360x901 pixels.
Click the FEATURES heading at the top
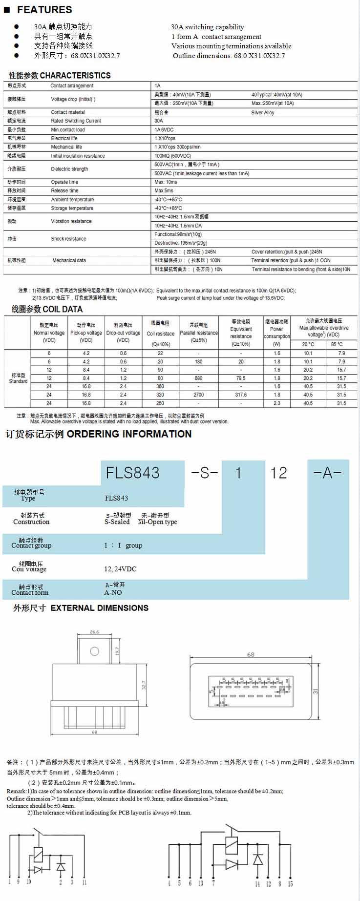(44, 10)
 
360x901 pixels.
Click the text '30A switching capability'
(207, 27)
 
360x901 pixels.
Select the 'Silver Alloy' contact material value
(263, 112)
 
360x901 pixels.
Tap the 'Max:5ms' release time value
(164, 190)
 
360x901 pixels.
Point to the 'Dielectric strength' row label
(69, 169)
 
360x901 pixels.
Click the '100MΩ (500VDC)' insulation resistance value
(173, 156)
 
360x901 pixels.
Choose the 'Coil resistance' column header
(160, 334)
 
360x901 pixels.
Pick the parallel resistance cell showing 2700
(198, 395)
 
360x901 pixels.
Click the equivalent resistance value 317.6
(241, 395)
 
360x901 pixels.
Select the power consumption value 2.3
(277, 403)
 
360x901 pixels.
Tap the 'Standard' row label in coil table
(18, 381)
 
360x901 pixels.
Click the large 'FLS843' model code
(132, 473)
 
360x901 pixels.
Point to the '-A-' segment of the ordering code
(327, 473)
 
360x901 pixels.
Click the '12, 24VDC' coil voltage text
(120, 569)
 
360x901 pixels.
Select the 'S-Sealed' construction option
(117, 522)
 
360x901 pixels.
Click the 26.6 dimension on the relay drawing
(94, 632)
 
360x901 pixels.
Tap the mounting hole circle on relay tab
(95, 651)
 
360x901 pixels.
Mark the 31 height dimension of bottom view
(316, 691)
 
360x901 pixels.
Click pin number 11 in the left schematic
(85, 882)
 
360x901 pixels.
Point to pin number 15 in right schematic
(290, 883)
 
